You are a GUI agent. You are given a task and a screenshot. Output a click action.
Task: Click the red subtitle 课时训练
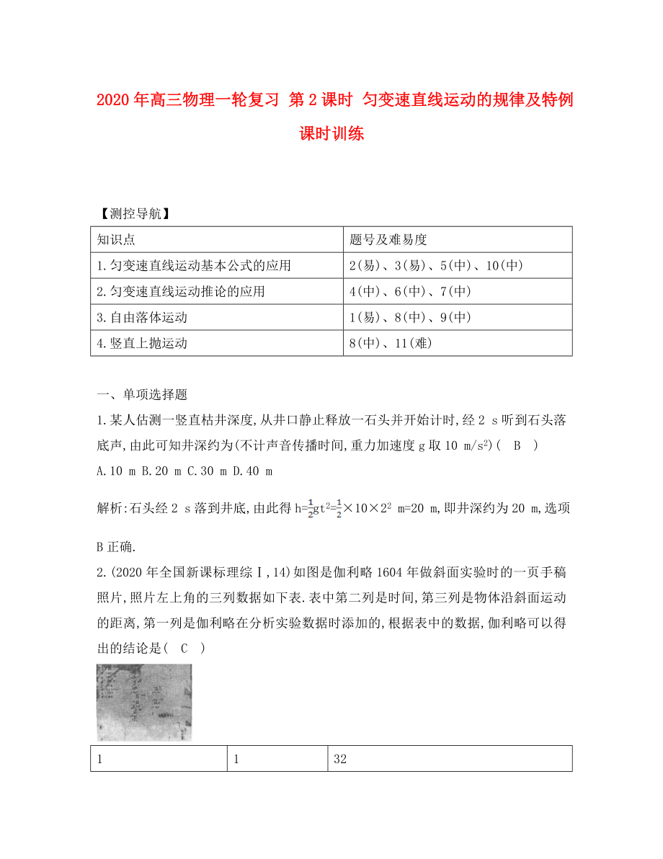(331, 133)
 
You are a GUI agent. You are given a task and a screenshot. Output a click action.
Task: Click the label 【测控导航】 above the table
(133, 213)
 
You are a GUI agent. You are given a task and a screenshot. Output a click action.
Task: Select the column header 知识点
(116, 240)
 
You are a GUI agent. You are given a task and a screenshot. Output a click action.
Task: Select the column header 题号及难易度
(388, 240)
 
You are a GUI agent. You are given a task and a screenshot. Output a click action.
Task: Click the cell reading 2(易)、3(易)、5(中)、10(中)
(435, 266)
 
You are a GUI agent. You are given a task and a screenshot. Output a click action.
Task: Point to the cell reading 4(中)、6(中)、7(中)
(409, 292)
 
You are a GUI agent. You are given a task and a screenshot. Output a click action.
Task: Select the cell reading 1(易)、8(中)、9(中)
(409, 318)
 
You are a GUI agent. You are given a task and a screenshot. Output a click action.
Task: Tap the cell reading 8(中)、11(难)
(390, 344)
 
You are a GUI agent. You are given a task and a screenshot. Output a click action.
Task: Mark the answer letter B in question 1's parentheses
(516, 445)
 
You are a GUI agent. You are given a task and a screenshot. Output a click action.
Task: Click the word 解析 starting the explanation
(110, 509)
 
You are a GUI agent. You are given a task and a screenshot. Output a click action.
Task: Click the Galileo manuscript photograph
(144, 702)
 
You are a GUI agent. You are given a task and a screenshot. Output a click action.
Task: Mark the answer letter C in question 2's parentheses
(184, 648)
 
